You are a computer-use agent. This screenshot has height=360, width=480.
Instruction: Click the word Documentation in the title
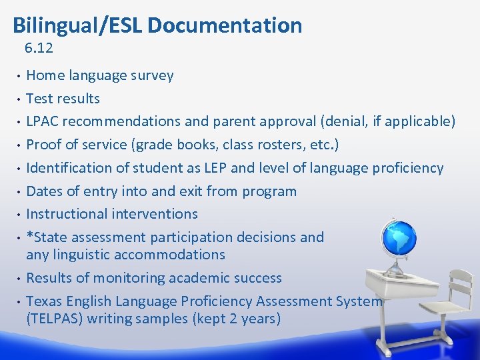click(225, 25)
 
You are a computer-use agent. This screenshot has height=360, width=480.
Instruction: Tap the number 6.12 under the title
click(39, 48)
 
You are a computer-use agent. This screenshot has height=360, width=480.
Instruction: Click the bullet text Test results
click(63, 99)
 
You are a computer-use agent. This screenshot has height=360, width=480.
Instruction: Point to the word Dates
click(44, 191)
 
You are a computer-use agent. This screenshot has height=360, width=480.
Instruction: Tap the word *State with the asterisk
click(47, 237)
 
